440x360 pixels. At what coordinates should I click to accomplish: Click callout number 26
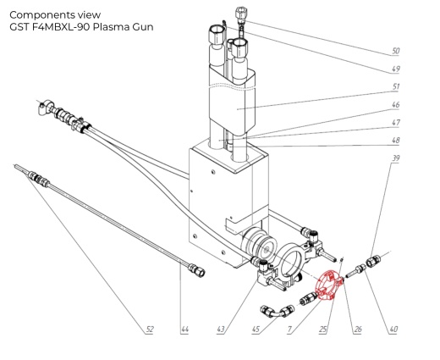(x=357, y=329)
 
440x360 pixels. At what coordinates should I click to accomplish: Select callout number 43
(x=221, y=329)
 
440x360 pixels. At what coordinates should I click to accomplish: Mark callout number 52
(x=150, y=329)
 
